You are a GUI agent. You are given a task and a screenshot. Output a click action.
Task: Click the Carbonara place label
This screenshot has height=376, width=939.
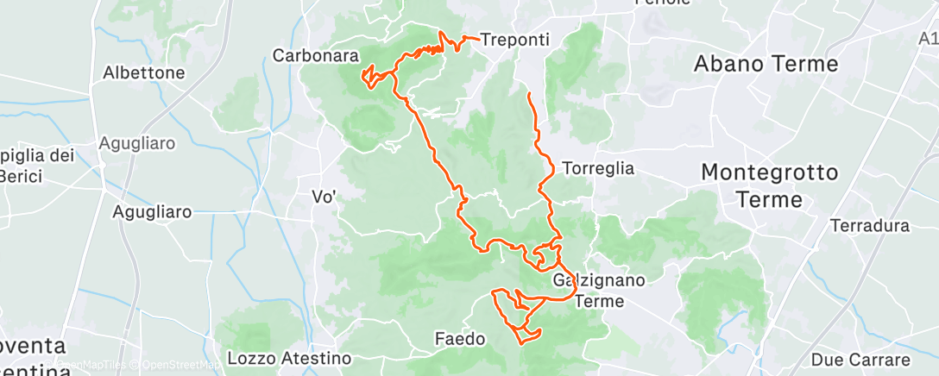315,55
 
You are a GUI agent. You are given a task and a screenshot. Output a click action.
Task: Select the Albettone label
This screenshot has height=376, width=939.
144,72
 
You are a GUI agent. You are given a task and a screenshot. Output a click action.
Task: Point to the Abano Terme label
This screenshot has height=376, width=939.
766,64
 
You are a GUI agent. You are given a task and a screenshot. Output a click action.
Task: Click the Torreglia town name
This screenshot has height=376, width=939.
597,168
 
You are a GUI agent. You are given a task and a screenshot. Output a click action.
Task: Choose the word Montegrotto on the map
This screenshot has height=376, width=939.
769,172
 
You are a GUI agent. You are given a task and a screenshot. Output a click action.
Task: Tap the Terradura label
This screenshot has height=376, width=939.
869,226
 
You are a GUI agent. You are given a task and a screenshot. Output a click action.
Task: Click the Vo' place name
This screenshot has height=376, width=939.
323,197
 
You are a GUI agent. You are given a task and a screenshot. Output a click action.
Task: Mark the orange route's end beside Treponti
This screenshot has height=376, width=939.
477,39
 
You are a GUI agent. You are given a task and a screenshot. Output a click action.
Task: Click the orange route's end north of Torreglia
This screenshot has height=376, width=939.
528,92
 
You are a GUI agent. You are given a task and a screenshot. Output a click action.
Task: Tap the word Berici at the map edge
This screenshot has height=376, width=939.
16,176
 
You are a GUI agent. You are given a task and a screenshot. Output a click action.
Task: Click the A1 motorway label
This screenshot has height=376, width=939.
928,39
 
